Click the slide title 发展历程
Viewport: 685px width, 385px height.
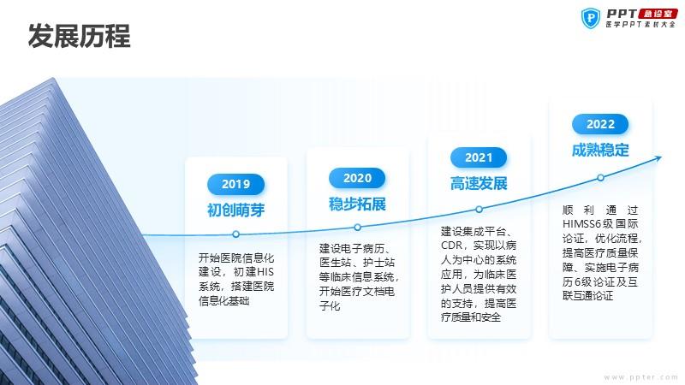[x=79, y=36]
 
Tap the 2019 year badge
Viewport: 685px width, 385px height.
[x=236, y=184]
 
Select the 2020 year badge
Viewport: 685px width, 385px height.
[x=357, y=178]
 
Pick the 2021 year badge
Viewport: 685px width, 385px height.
[x=479, y=157]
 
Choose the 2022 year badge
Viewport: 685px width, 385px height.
[x=600, y=124]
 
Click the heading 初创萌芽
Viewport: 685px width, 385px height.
[x=236, y=210]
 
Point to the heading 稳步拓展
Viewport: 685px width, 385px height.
[x=357, y=204]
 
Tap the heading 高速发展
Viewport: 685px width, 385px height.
[x=479, y=184]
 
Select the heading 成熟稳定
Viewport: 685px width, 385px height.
[x=600, y=151]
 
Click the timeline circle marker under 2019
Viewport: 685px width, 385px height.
[x=236, y=234]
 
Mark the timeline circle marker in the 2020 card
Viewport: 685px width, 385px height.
[x=357, y=228]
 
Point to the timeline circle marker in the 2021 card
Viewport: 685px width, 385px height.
[x=479, y=210]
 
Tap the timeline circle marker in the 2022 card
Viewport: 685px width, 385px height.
[x=601, y=178]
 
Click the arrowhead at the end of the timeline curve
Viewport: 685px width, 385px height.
[x=659, y=158]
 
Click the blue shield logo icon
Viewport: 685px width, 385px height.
[x=591, y=18]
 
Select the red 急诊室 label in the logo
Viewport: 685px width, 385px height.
[x=658, y=14]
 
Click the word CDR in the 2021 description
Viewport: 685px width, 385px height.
[x=451, y=246]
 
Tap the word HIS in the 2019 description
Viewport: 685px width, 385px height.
[x=265, y=272]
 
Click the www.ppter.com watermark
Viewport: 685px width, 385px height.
[x=640, y=377]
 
